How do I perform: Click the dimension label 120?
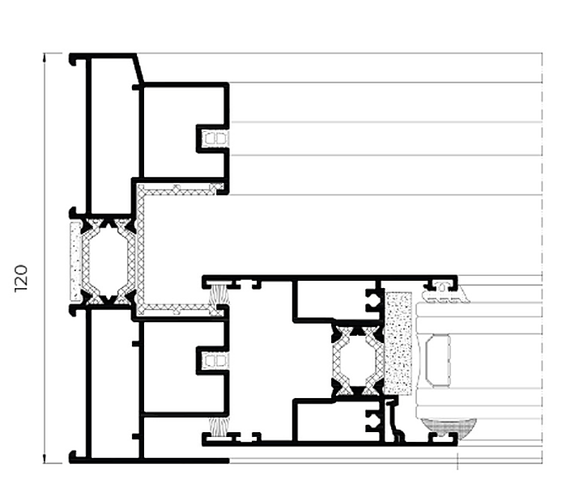click(x=21, y=278)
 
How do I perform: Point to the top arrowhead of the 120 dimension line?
click(x=45, y=57)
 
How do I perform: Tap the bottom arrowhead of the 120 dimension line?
click(x=45, y=459)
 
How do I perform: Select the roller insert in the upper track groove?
click(x=215, y=139)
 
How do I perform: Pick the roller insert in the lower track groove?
click(x=215, y=361)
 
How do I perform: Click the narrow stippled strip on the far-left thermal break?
click(x=75, y=261)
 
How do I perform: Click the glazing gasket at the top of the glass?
click(x=445, y=294)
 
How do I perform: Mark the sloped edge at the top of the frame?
click(x=140, y=68)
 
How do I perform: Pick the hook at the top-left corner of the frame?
click(x=73, y=59)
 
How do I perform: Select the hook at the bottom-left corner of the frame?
click(x=73, y=456)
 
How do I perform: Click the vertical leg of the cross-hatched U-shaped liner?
click(x=141, y=249)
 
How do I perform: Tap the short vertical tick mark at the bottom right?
click(x=457, y=461)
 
